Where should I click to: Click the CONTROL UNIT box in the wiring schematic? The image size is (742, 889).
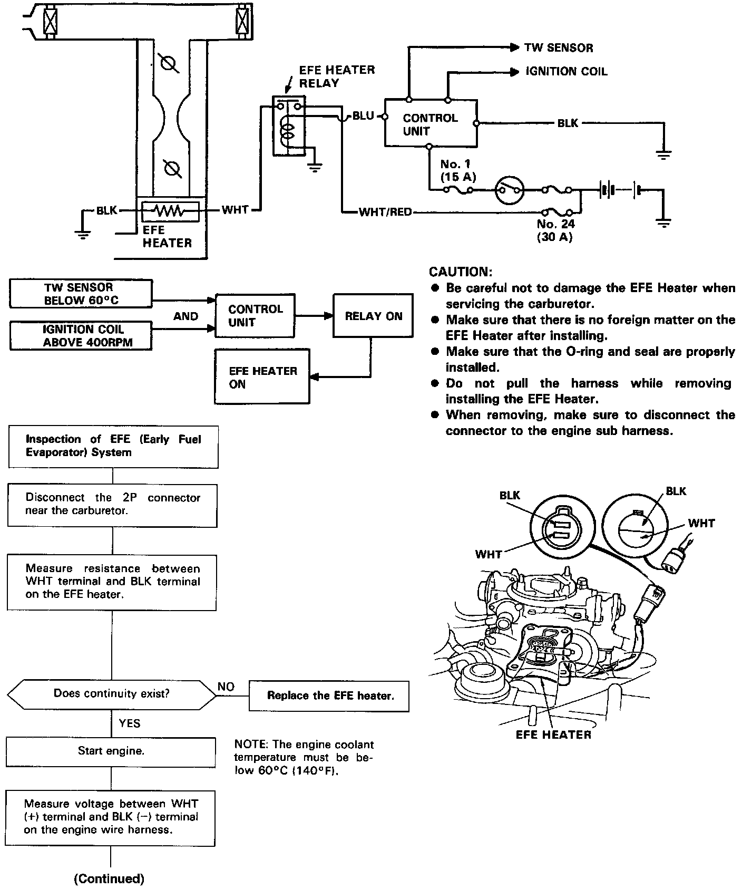point(431,123)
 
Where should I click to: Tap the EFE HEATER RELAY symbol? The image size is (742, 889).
point(288,126)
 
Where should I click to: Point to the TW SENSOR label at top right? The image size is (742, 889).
point(559,48)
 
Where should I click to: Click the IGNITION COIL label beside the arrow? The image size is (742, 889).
point(567,72)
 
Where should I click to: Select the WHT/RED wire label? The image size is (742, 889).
point(385,212)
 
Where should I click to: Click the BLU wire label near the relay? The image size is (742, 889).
point(363,115)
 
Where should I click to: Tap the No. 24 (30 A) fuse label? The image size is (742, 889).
point(555,230)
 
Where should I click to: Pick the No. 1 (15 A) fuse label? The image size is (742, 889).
point(458,170)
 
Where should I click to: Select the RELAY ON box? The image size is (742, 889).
point(373,316)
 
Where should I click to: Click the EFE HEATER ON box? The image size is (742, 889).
point(262,377)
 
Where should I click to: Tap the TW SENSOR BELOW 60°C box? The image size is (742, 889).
point(81,294)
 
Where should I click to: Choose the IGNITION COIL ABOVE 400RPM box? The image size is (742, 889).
point(81,336)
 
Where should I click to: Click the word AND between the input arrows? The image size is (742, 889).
point(185,316)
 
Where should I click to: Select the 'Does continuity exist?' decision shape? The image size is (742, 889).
point(112,694)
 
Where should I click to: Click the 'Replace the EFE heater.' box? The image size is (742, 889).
point(330,696)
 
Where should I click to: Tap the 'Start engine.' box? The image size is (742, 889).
point(111,751)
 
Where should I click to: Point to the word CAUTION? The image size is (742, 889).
point(461,272)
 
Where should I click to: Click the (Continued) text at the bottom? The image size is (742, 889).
point(109,878)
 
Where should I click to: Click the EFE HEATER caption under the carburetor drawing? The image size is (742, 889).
point(553,735)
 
